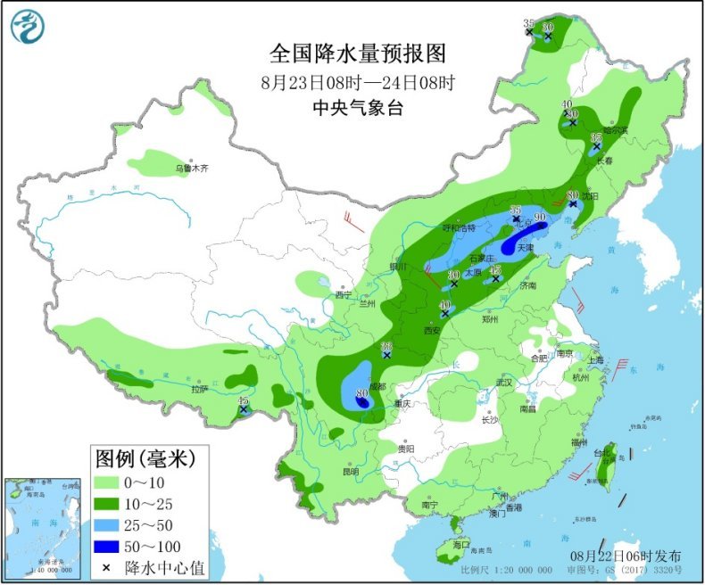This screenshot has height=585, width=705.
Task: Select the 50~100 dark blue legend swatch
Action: [114, 546]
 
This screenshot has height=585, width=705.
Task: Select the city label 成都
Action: [377, 386]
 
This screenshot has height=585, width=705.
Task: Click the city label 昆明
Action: [349, 472]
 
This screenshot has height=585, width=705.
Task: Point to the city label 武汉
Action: [506, 383]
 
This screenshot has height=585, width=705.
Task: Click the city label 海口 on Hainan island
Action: [460, 544]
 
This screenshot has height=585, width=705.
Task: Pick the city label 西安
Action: [433, 330]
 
